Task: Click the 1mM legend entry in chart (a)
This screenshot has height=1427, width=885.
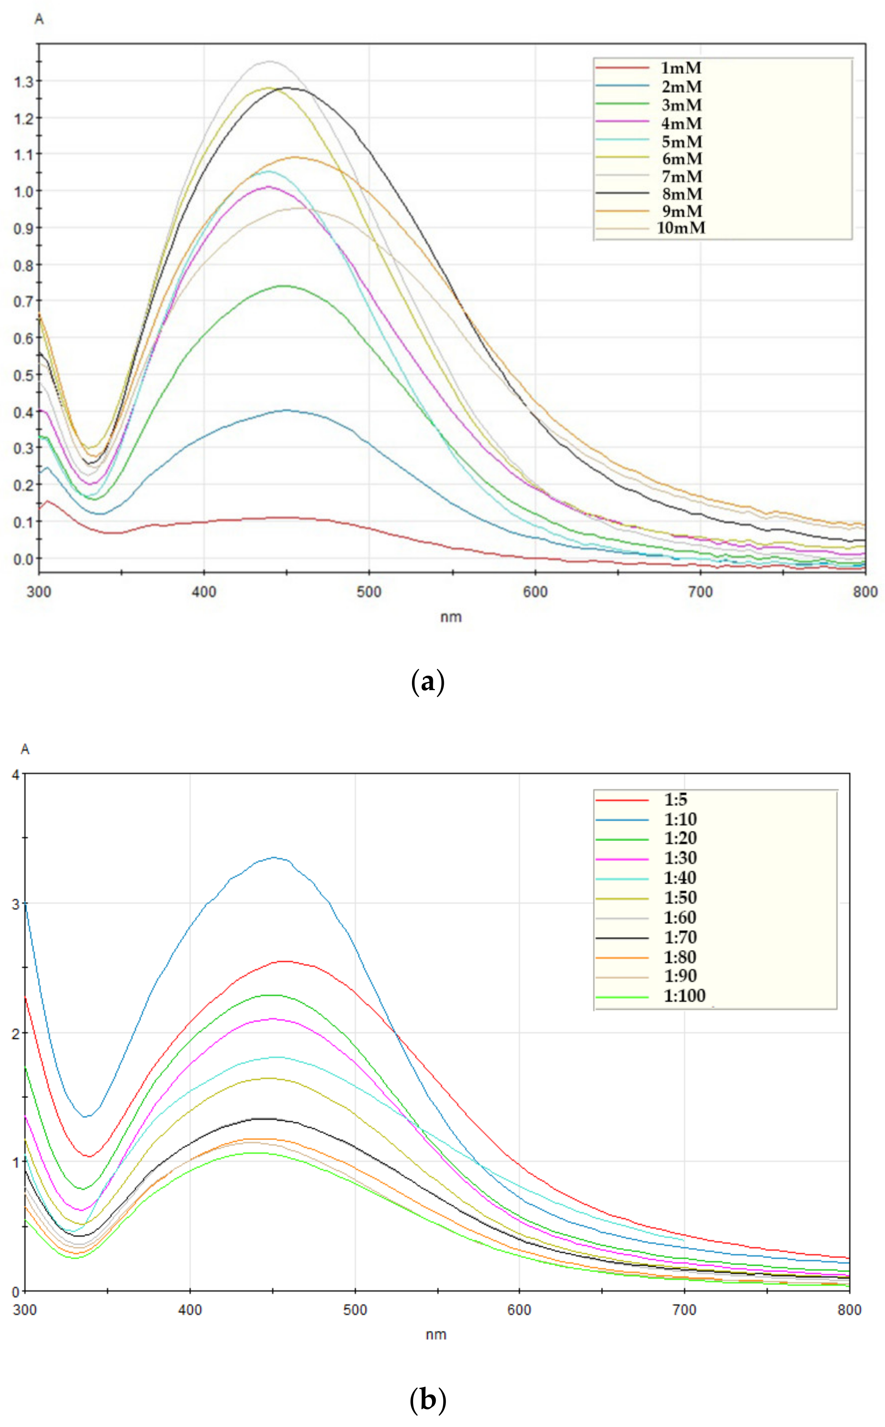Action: [x=681, y=68]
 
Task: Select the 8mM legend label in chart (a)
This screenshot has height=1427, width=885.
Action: [x=681, y=194]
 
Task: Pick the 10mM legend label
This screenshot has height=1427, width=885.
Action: [x=681, y=228]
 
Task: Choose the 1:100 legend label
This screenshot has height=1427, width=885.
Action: [x=684, y=996]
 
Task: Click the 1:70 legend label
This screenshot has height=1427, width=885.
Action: [x=680, y=937]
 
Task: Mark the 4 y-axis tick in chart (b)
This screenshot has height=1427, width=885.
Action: [x=16, y=775]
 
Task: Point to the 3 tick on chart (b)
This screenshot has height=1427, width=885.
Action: [x=16, y=903]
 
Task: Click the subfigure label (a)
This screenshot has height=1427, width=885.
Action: [x=428, y=682]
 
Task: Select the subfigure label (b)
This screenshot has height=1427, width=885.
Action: [x=428, y=1401]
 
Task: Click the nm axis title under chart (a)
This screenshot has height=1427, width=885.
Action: [x=451, y=617]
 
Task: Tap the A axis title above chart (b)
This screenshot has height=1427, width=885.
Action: [x=24, y=749]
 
